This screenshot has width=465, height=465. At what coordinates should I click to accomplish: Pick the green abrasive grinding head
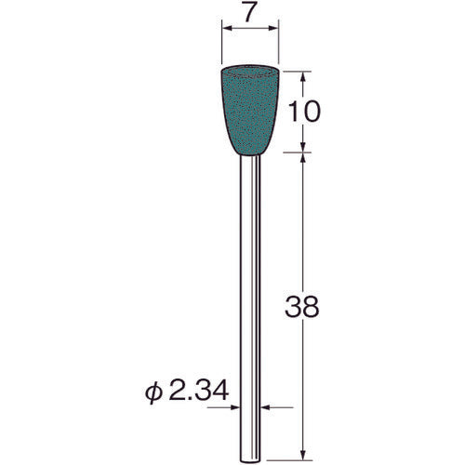pyautogui.click(x=252, y=111)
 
